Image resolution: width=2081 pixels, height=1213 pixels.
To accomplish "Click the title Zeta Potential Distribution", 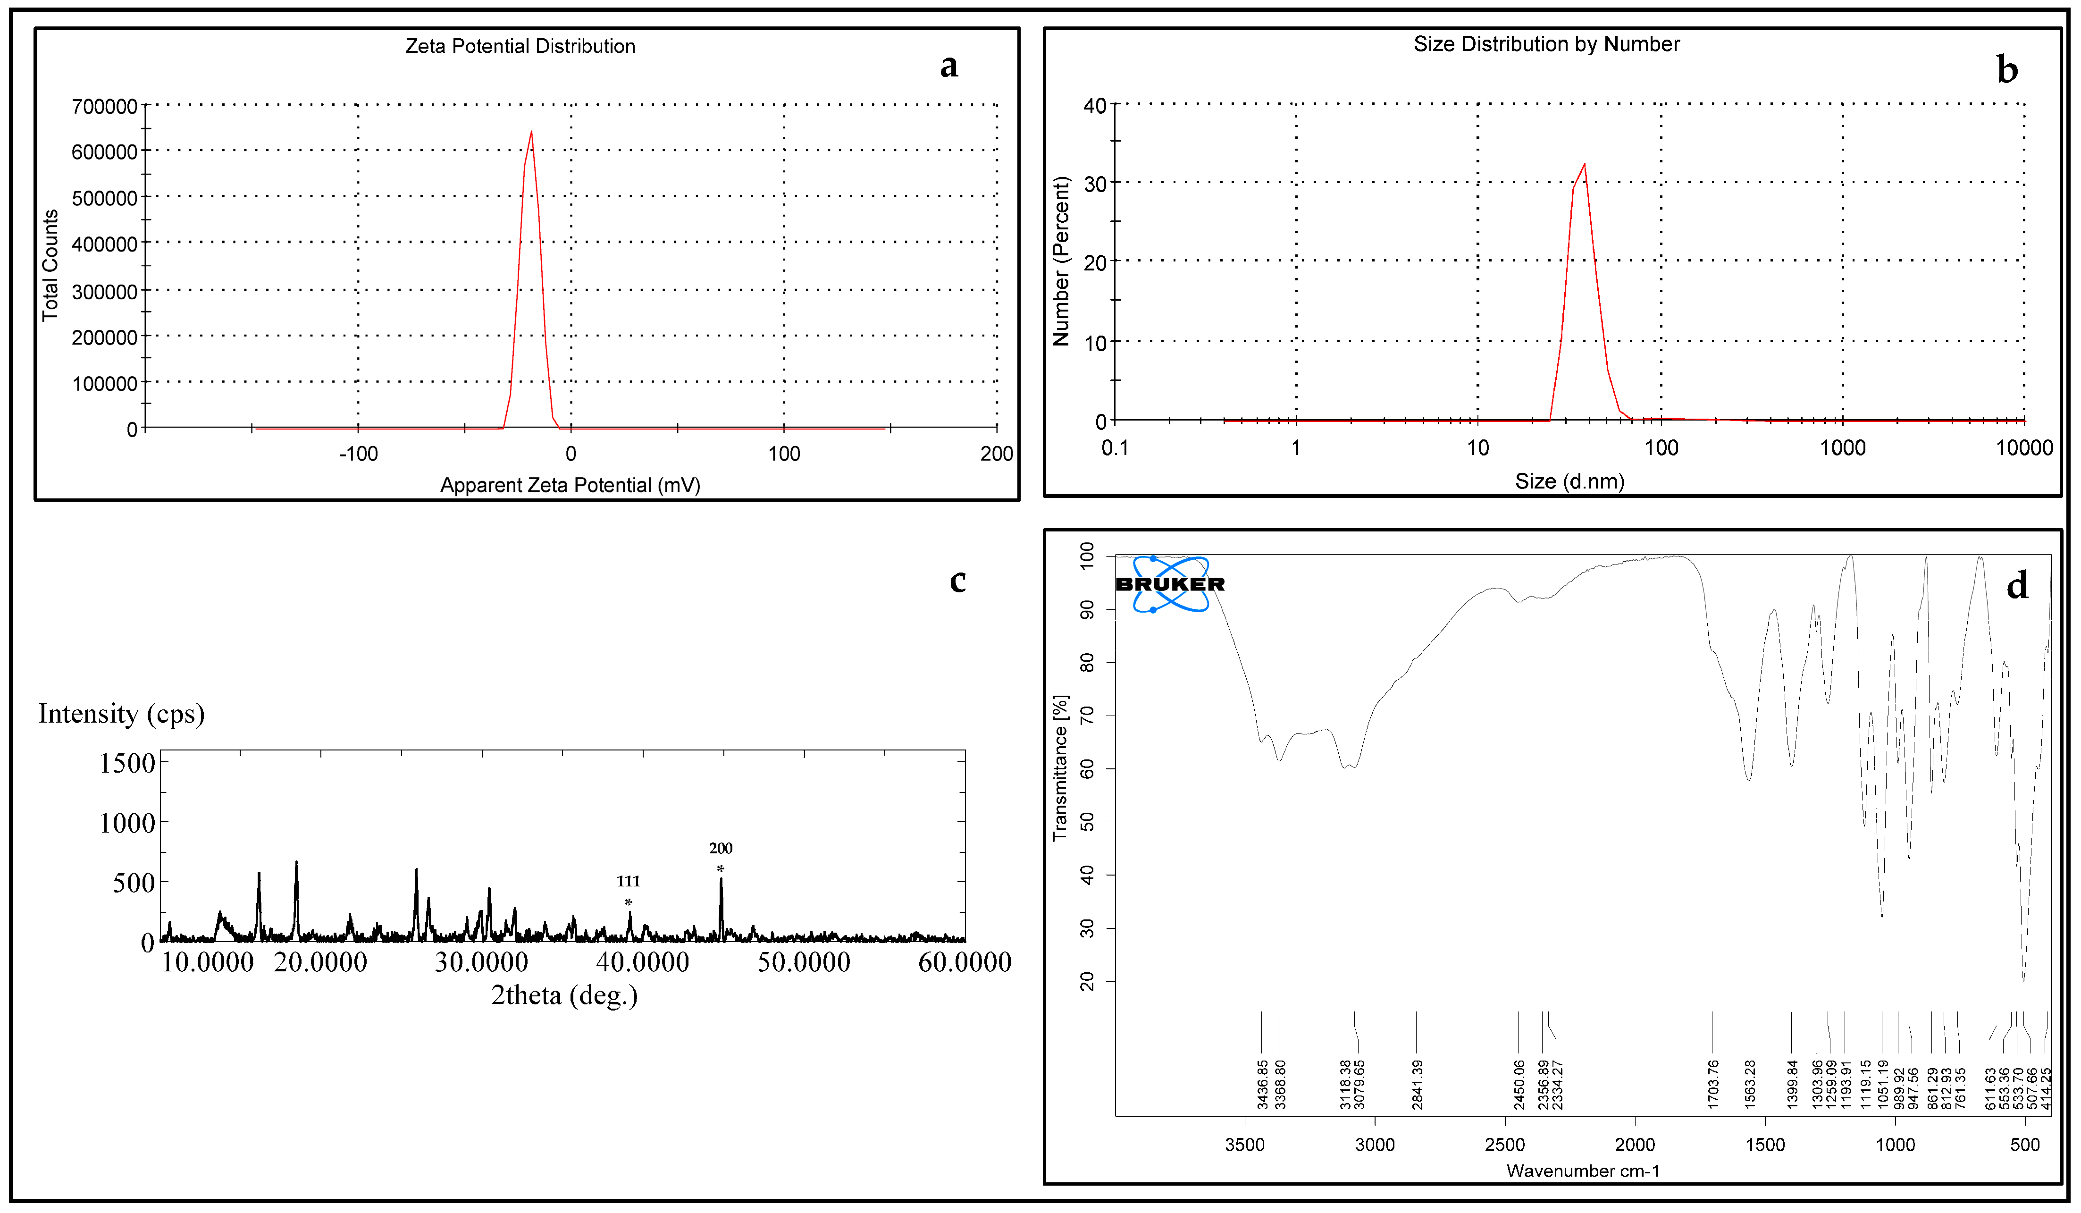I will pyautogui.click(x=520, y=46).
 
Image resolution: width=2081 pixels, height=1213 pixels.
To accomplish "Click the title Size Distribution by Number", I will pyautogui.click(x=1546, y=44).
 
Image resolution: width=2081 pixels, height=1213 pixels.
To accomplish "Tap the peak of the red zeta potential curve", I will pyautogui.click(x=531, y=132).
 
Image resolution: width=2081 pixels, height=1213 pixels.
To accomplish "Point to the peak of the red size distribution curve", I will pyautogui.click(x=1584, y=164).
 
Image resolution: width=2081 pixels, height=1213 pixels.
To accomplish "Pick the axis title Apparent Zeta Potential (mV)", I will pyautogui.click(x=570, y=485).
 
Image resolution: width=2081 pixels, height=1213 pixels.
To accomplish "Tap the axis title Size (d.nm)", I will pyautogui.click(x=1569, y=481).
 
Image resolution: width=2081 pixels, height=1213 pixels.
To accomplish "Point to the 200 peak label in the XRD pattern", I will pyautogui.click(x=720, y=848).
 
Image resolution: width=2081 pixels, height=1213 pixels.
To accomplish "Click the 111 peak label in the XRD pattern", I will pyautogui.click(x=629, y=881).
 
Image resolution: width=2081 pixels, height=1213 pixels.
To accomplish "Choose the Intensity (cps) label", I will pyautogui.click(x=121, y=714).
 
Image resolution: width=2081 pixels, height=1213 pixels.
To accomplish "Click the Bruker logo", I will pyautogui.click(x=1170, y=584).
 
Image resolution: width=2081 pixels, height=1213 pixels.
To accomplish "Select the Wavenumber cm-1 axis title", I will pyautogui.click(x=1582, y=1170).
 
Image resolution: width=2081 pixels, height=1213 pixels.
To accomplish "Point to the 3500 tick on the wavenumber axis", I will pyautogui.click(x=1244, y=1145).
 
